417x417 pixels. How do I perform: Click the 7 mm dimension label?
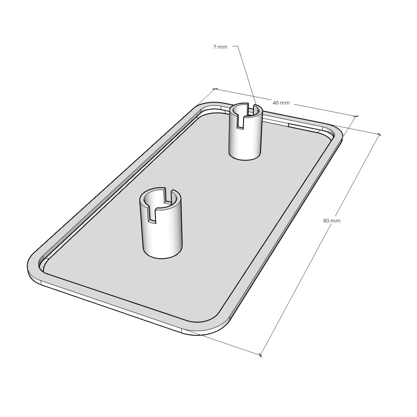point(220,47)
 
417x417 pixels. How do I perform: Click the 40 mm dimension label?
point(281,103)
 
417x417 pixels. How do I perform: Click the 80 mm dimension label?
point(332,221)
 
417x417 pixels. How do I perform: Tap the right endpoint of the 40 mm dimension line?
point(357,116)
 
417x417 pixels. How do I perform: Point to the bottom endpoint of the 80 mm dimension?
point(261,355)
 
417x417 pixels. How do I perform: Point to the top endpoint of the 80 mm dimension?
point(379,134)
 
